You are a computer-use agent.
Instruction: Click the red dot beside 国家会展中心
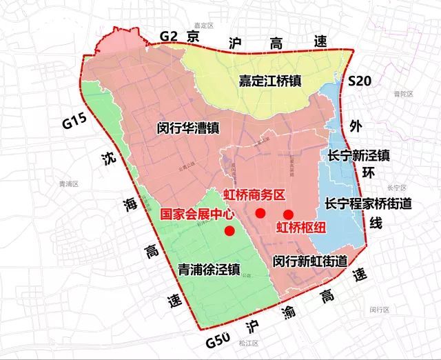click(229, 232)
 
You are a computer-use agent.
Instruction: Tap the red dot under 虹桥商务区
click(260, 214)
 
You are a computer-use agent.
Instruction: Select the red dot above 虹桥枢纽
click(288, 214)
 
